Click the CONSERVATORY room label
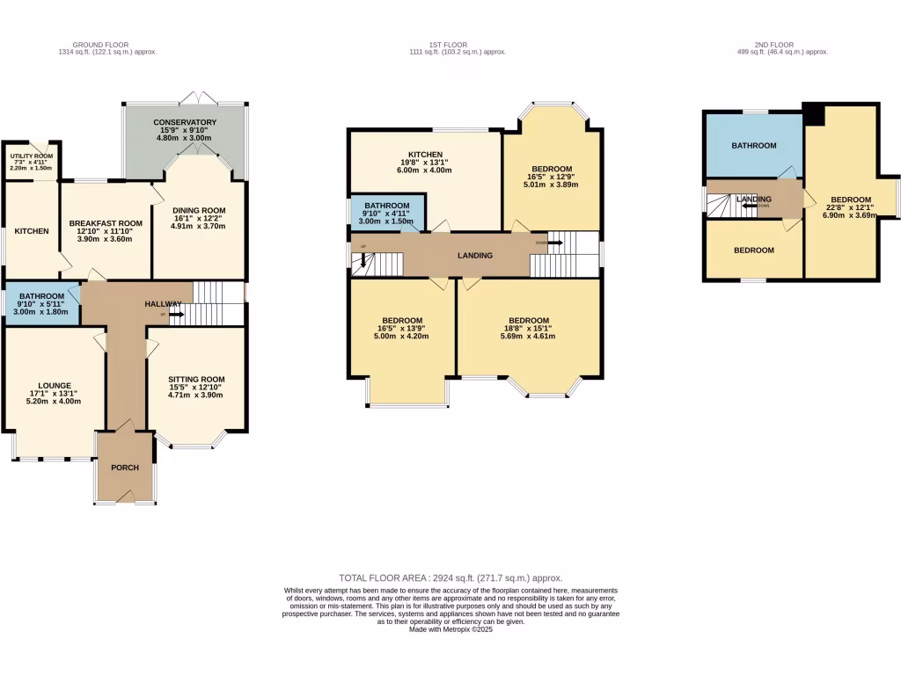tap(185, 122)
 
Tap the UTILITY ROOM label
tap(32, 155)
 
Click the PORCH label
tap(124, 467)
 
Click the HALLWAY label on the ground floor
tap(163, 304)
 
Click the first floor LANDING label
tap(474, 256)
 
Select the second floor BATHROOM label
tap(754, 146)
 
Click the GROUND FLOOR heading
tap(100, 45)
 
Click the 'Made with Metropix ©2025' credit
tap(450, 628)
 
